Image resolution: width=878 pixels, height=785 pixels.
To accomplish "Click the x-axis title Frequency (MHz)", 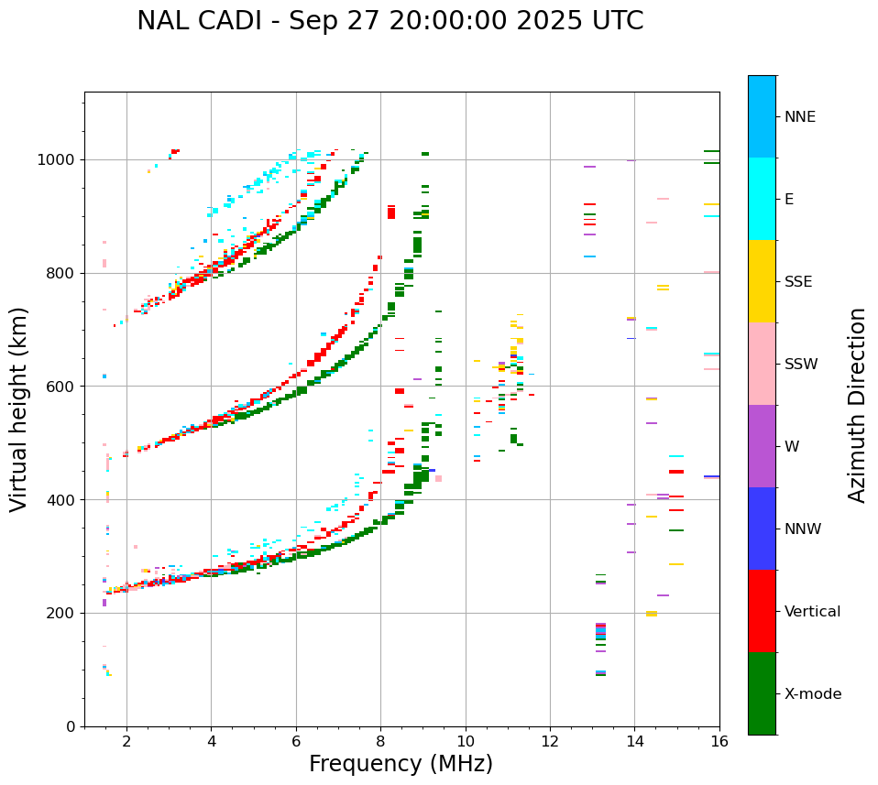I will pyautogui.click(x=401, y=764).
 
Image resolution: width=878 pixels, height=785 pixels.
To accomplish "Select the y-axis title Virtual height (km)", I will pyautogui.click(x=19, y=409).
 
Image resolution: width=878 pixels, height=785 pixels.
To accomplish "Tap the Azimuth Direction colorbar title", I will pyautogui.click(x=857, y=405).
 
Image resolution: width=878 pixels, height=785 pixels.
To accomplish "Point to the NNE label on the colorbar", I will pyautogui.click(x=799, y=117).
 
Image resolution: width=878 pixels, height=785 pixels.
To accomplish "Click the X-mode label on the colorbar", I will pyautogui.click(x=813, y=694).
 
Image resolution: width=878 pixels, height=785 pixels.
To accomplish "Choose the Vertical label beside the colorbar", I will pyautogui.click(x=812, y=612).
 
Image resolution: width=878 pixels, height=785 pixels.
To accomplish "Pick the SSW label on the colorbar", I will pyautogui.click(x=801, y=365).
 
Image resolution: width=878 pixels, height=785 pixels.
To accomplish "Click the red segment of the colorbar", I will pyautogui.click(x=762, y=611).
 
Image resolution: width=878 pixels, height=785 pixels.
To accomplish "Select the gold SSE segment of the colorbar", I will pyautogui.click(x=762, y=281).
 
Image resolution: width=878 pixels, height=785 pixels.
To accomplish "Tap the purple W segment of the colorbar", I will pyautogui.click(x=762, y=446).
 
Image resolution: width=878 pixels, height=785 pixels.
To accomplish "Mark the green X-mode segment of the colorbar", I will pyautogui.click(x=762, y=693).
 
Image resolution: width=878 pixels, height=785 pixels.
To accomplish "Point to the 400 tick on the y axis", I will pyautogui.click(x=63, y=500).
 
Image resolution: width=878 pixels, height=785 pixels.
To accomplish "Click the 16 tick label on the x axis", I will pyautogui.click(x=719, y=741).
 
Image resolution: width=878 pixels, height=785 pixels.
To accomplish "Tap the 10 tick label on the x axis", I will pyautogui.click(x=466, y=741).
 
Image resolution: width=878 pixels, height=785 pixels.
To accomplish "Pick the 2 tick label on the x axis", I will pyautogui.click(x=126, y=741).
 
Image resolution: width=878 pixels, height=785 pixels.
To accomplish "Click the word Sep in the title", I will pyautogui.click(x=312, y=21).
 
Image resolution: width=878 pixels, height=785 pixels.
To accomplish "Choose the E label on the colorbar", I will pyautogui.click(x=789, y=200).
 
